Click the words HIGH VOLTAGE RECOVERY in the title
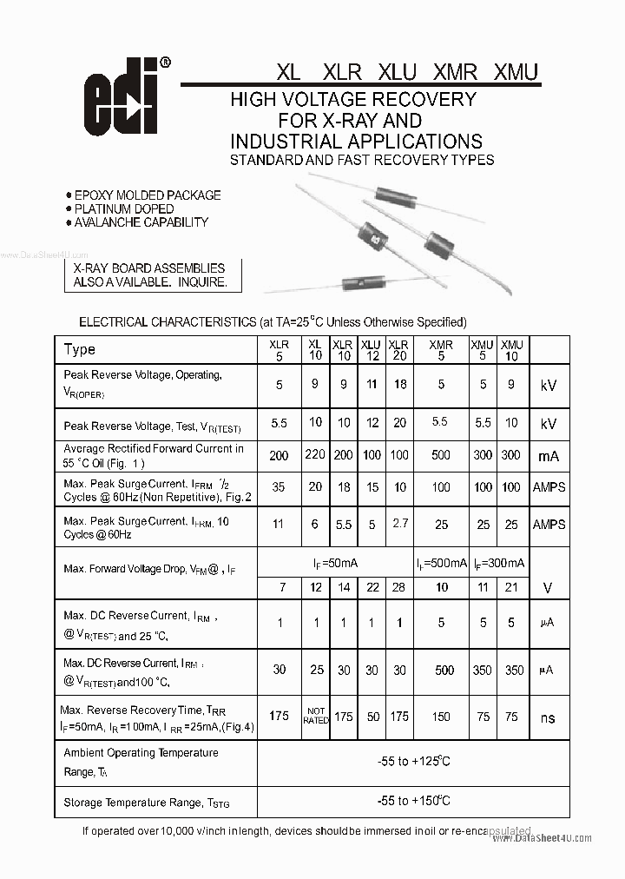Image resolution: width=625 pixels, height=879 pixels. (x=352, y=99)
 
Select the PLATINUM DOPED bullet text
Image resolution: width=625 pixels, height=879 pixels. (x=123, y=208)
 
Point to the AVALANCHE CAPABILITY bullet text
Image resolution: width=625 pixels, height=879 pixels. (x=141, y=222)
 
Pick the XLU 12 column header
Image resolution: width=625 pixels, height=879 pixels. (x=371, y=350)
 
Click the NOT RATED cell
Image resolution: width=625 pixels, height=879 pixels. (x=315, y=717)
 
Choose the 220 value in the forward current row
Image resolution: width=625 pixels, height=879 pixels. (x=315, y=455)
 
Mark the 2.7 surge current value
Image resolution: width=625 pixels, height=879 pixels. (x=398, y=524)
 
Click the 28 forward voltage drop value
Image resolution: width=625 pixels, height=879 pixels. (x=398, y=588)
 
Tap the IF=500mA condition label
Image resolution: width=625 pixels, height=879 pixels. (x=441, y=563)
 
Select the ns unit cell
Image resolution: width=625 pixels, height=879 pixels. (x=548, y=718)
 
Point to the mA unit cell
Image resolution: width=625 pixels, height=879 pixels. (x=548, y=456)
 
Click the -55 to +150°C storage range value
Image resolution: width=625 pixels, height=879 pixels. (x=413, y=801)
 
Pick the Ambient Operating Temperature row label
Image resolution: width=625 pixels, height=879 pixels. (x=141, y=752)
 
